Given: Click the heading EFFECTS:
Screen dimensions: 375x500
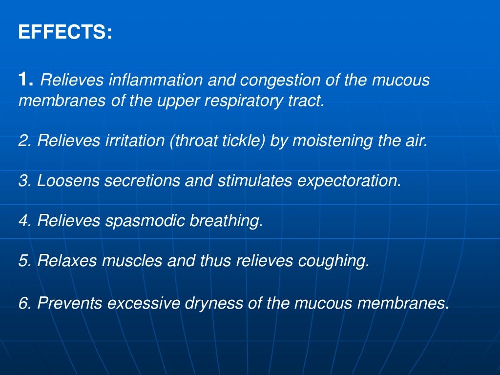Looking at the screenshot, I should (x=65, y=33).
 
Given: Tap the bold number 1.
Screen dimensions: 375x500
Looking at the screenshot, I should (x=25, y=79).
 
